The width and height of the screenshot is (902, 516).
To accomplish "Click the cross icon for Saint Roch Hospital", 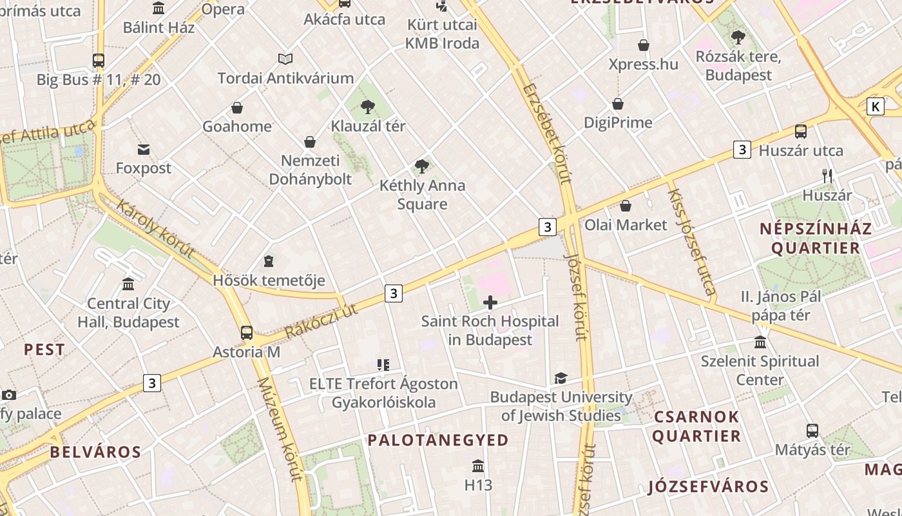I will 490,303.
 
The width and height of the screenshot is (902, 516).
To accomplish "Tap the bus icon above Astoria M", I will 247,333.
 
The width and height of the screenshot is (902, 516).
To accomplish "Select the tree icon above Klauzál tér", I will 368,106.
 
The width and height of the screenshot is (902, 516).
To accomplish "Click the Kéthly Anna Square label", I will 422,195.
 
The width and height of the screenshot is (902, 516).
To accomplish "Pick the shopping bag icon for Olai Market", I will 626,206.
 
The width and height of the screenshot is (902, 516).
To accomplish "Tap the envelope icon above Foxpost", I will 144,150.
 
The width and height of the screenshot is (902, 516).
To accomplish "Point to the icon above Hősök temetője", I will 269,261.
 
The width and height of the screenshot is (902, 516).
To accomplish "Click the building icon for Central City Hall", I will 128,284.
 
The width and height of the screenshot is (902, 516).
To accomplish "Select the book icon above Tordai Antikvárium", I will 285,59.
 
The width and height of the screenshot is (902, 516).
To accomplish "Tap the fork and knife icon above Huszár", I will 827,175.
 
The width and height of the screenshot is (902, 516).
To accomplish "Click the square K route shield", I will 875,106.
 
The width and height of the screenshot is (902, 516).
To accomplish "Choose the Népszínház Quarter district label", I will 815,238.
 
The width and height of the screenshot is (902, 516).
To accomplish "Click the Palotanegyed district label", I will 438,440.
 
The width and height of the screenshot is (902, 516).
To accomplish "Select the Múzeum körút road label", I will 281,429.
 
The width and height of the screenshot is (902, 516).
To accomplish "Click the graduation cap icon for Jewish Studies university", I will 561,378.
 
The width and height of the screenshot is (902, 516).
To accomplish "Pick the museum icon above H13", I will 478,466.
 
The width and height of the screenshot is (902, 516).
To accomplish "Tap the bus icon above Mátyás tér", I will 812,430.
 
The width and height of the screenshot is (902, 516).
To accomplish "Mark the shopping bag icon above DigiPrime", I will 618,104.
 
